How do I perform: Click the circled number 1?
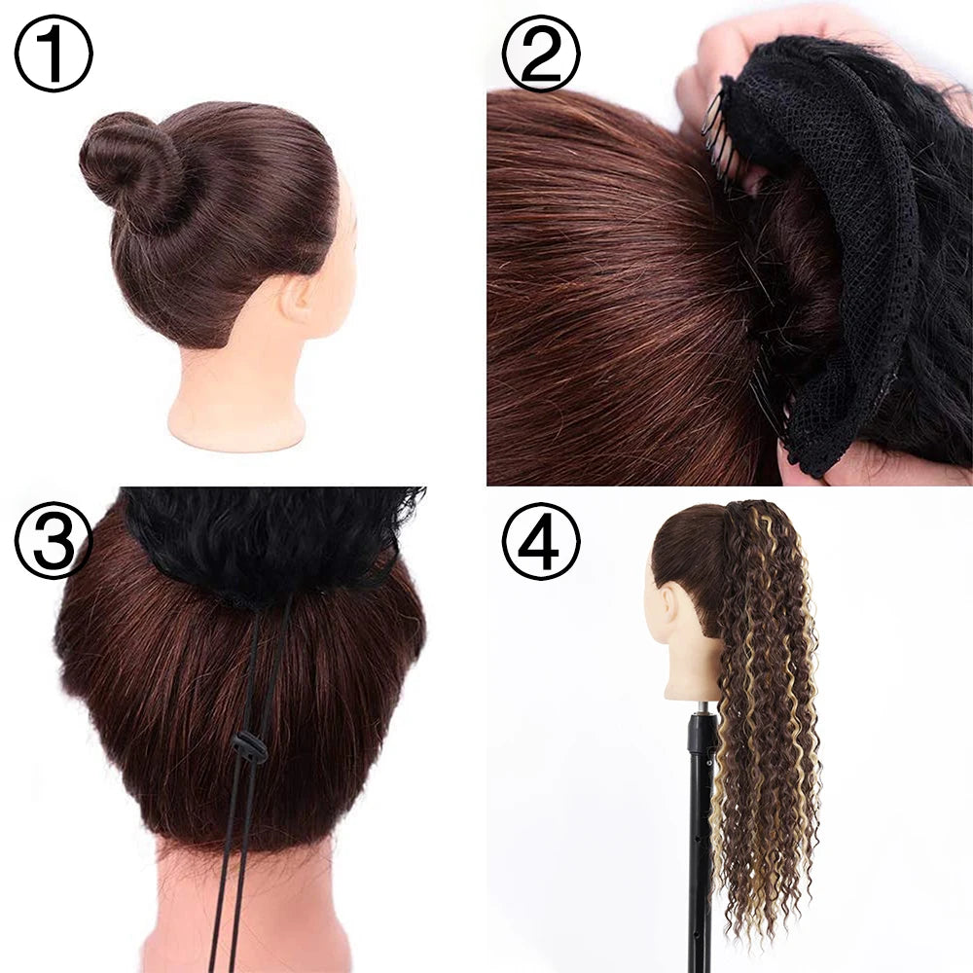click(54, 54)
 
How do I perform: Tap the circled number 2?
click(541, 54)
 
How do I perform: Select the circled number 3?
click(54, 540)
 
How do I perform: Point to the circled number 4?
click(541, 540)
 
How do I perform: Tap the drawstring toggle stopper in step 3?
click(249, 747)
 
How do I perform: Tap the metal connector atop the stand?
click(702, 707)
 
